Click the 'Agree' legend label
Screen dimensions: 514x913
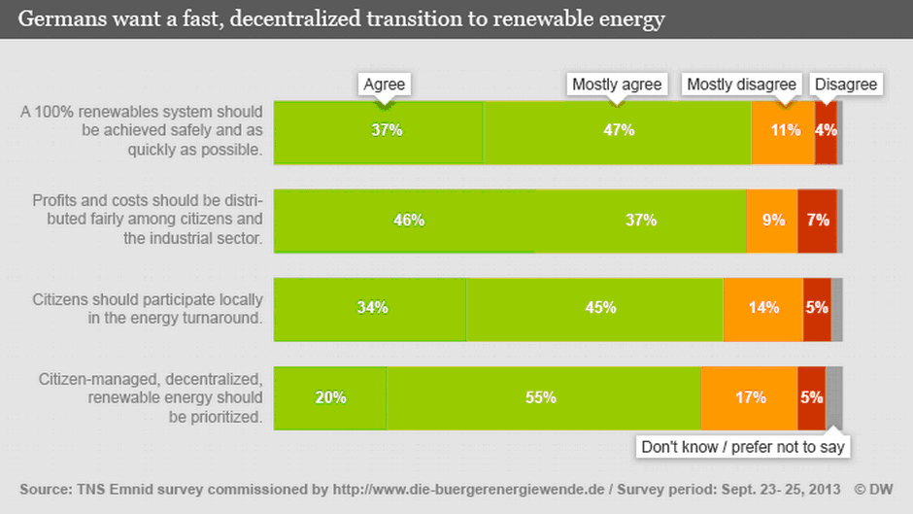384,85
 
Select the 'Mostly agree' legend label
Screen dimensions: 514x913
617,85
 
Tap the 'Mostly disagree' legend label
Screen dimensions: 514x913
742,85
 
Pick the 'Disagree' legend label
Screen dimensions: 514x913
846,85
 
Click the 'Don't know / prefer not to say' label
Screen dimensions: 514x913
744,447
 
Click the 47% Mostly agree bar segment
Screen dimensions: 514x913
618,130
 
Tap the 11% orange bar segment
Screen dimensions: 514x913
783,130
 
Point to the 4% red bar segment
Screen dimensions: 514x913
826,130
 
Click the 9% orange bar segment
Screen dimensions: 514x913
772,221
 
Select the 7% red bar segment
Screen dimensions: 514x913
817,221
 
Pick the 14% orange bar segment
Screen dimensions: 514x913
763,309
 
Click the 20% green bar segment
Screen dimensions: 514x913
330,397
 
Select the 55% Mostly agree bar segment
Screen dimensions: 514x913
543,397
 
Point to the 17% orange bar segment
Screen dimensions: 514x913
749,397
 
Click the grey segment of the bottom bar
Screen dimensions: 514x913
834,397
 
